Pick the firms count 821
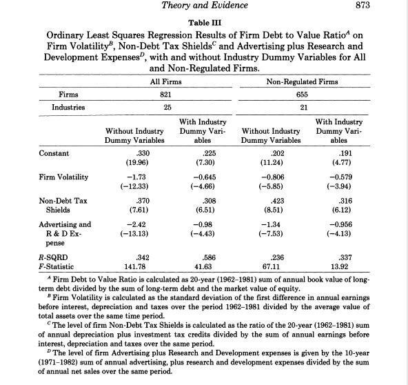pyautogui.click(x=164, y=95)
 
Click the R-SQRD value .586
pyautogui.click(x=203, y=257)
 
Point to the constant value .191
pyautogui.click(x=340, y=152)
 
